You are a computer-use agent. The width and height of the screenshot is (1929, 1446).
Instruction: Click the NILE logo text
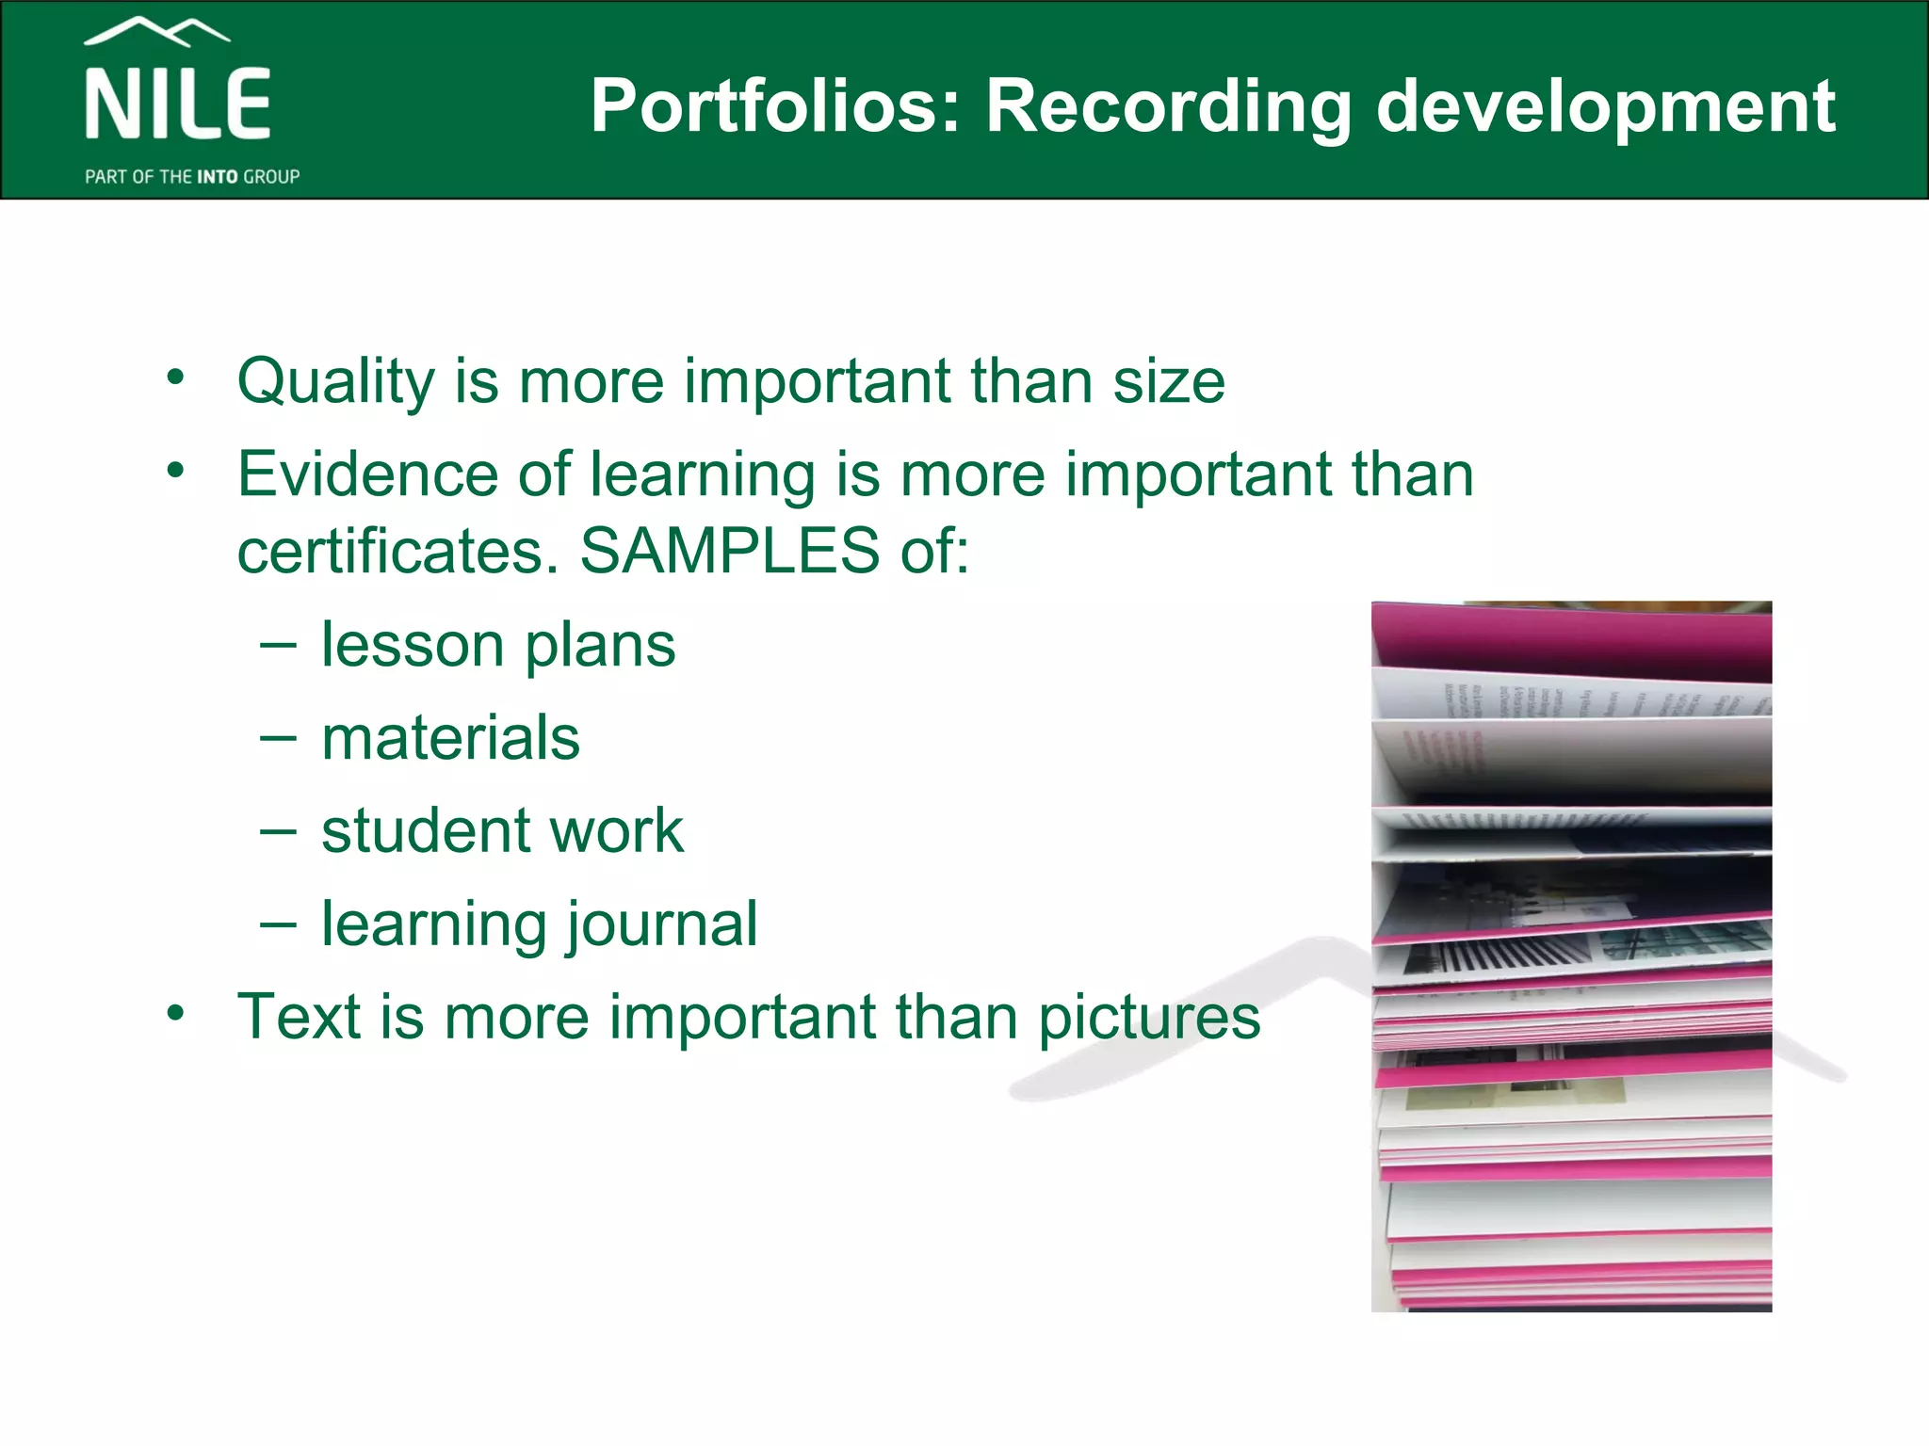click(x=178, y=104)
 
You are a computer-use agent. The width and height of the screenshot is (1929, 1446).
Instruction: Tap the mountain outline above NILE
click(x=156, y=31)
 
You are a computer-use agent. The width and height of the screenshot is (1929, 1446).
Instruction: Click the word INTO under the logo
click(x=218, y=177)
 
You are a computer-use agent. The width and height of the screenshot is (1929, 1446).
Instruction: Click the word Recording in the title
click(x=1168, y=105)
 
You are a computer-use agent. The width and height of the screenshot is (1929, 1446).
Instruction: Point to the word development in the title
click(x=1605, y=105)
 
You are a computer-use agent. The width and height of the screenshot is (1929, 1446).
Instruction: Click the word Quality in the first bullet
click(x=335, y=382)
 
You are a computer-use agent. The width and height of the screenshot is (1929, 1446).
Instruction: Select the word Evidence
click(x=367, y=474)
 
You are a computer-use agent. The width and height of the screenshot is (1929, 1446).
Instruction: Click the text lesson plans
click(x=498, y=646)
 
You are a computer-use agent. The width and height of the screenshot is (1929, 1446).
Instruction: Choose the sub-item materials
click(x=450, y=738)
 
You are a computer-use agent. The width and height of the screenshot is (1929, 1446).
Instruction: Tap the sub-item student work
click(x=502, y=831)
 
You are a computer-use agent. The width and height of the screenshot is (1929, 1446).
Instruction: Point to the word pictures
click(x=1148, y=1018)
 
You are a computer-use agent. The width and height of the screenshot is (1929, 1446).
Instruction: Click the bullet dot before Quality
click(x=175, y=378)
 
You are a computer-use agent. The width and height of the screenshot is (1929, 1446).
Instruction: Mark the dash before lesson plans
click(x=278, y=646)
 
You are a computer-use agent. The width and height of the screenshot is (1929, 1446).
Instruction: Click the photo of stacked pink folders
click(x=1571, y=956)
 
